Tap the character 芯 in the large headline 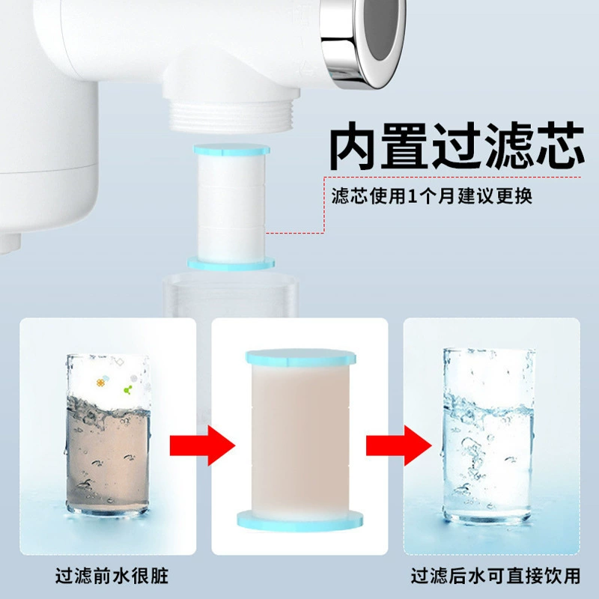pyautogui.click(x=559, y=145)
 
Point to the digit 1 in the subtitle pyautogui.click(x=412, y=196)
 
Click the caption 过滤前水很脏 pyautogui.click(x=112, y=576)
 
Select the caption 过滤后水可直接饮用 pyautogui.click(x=496, y=576)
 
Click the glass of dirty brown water pyautogui.click(x=108, y=435)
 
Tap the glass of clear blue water pyautogui.click(x=488, y=435)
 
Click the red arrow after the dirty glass pyautogui.click(x=202, y=446)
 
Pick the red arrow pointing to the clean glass pyautogui.click(x=398, y=446)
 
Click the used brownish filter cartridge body pyautogui.click(x=300, y=439)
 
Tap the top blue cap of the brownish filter pyautogui.click(x=301, y=358)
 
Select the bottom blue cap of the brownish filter pyautogui.click(x=300, y=520)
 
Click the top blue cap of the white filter pyautogui.click(x=232, y=150)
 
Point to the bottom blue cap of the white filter pyautogui.click(x=231, y=264)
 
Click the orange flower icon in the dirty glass pyautogui.click(x=100, y=383)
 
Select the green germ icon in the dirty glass pyautogui.click(x=128, y=389)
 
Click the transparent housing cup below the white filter pyautogui.click(x=231, y=295)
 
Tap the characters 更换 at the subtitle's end pyautogui.click(x=514, y=196)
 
